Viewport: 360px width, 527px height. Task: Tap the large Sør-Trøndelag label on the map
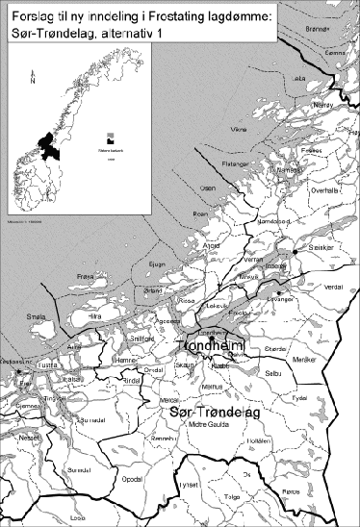[209, 412]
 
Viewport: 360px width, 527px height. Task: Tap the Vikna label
[240, 128]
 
